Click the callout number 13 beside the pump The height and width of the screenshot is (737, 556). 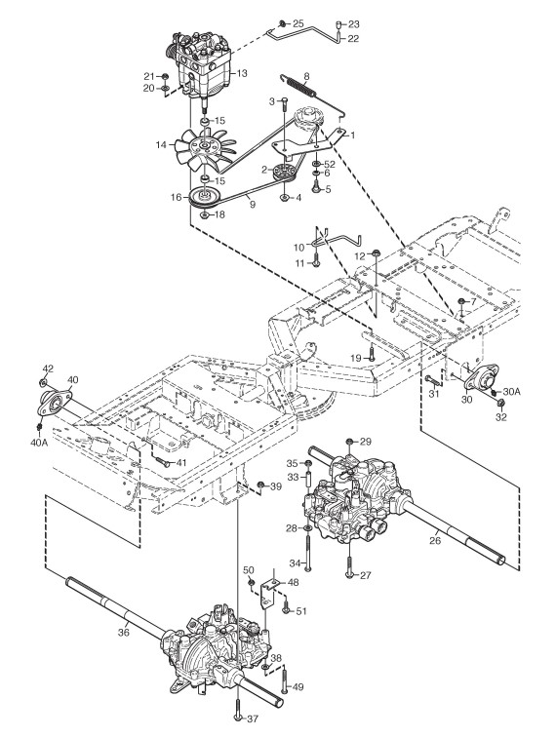pyautogui.click(x=242, y=73)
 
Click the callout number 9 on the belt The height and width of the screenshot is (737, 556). pyautogui.click(x=253, y=205)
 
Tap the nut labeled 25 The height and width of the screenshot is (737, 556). pyautogui.click(x=282, y=24)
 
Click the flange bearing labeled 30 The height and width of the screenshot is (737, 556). pyautogui.click(x=480, y=377)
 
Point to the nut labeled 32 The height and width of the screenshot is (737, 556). pyautogui.click(x=501, y=404)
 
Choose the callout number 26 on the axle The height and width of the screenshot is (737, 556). pyautogui.click(x=435, y=540)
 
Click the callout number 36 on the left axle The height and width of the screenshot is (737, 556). pyautogui.click(x=123, y=632)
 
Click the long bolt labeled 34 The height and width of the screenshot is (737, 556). pyautogui.click(x=308, y=553)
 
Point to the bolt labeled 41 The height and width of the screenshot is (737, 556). pyautogui.click(x=162, y=463)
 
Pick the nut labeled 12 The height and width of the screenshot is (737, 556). pyautogui.click(x=376, y=254)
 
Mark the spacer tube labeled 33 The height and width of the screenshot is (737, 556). pyautogui.click(x=308, y=481)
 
